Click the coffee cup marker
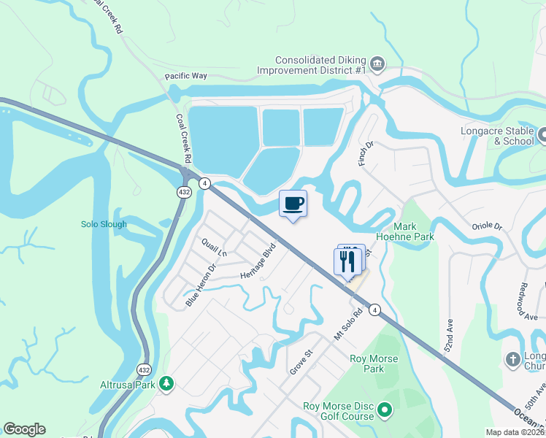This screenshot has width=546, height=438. (x=293, y=204)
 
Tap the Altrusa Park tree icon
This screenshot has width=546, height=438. (x=167, y=383)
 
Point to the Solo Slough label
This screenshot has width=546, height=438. (x=104, y=224)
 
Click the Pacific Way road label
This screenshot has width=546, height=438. (x=185, y=76)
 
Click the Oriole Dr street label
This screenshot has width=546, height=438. (x=488, y=226)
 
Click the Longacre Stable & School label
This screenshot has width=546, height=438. (x=497, y=137)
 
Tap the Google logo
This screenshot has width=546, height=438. (x=24, y=429)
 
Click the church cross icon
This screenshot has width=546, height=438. (x=512, y=359)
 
